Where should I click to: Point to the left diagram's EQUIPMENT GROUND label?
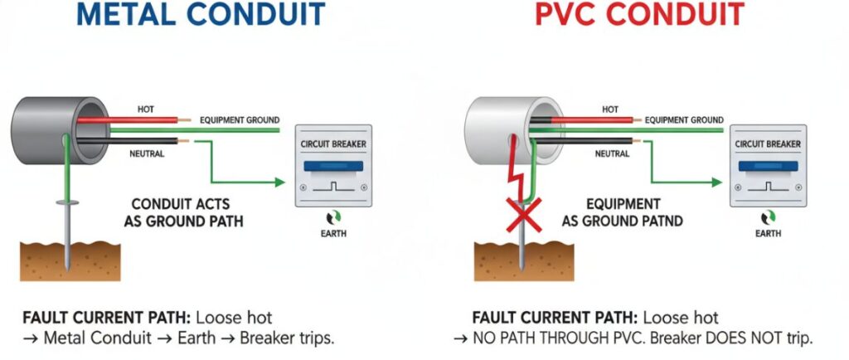click(240, 120)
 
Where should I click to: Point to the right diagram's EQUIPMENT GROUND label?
click(685, 120)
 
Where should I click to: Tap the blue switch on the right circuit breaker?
click(768, 167)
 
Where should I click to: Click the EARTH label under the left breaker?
click(333, 234)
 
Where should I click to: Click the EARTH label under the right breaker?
click(768, 234)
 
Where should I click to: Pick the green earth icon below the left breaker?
click(333, 217)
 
